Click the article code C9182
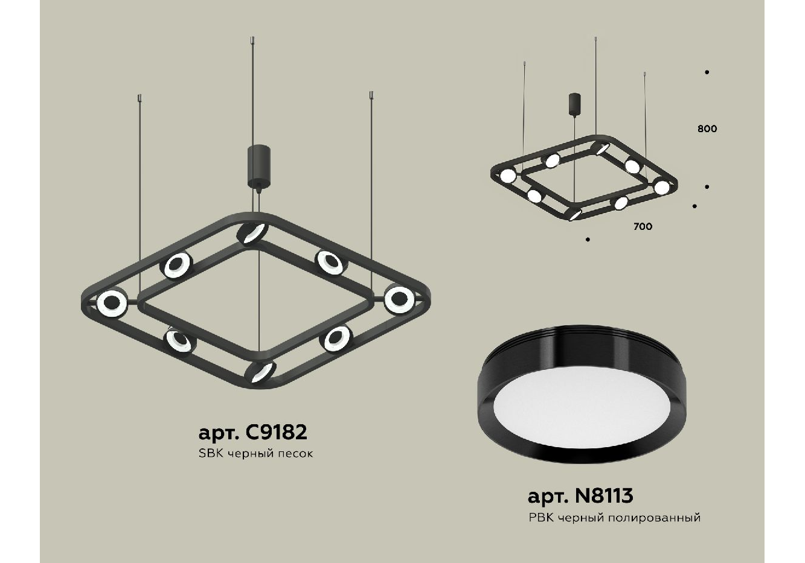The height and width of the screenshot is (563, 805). pos(275,432)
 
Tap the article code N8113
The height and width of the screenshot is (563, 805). pos(604,496)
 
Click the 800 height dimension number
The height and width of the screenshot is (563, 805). pos(707,129)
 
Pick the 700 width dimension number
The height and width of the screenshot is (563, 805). pos(643,226)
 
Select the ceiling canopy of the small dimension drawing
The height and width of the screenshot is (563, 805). pos(575,104)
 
